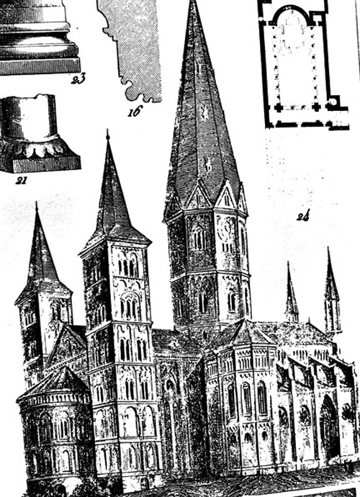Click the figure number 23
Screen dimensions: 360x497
(78, 79)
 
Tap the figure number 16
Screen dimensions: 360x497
(135, 112)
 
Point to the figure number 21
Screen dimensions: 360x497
(21, 180)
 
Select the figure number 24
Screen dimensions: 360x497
(303, 216)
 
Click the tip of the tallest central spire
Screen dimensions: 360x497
(194, 1)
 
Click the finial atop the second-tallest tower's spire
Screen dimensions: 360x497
(108, 135)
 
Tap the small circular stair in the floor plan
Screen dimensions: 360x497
(333, 102)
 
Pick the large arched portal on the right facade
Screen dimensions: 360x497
(329, 428)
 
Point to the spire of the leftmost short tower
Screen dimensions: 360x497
(40, 251)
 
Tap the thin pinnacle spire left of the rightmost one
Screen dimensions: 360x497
(291, 292)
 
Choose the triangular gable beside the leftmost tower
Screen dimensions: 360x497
(66, 346)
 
